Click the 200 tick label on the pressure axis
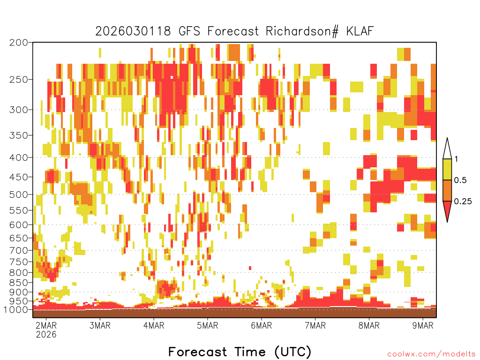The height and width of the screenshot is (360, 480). click(18, 43)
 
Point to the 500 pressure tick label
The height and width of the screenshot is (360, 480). click(18, 195)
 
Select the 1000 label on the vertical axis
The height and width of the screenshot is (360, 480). click(15, 309)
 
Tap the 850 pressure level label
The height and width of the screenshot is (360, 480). click(18, 283)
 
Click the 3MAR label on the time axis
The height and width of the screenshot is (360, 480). click(100, 325)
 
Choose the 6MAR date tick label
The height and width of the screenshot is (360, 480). click(262, 325)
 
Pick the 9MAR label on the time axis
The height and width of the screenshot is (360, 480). click(423, 325)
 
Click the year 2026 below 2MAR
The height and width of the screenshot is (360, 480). click(46, 334)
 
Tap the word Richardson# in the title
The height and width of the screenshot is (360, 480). click(302, 31)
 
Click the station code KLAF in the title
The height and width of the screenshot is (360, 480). click(360, 31)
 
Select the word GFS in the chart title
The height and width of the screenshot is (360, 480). click(189, 31)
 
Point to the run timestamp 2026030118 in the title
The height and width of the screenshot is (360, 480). click(133, 31)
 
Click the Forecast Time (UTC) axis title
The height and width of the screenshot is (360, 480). click(240, 352)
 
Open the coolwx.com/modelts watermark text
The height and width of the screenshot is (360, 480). click(432, 354)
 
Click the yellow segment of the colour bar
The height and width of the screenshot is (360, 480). click(447, 169)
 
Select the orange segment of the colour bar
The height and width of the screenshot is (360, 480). click(447, 190)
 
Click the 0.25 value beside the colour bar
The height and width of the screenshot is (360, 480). click(463, 202)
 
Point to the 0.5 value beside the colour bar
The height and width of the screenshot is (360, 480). click(460, 180)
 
